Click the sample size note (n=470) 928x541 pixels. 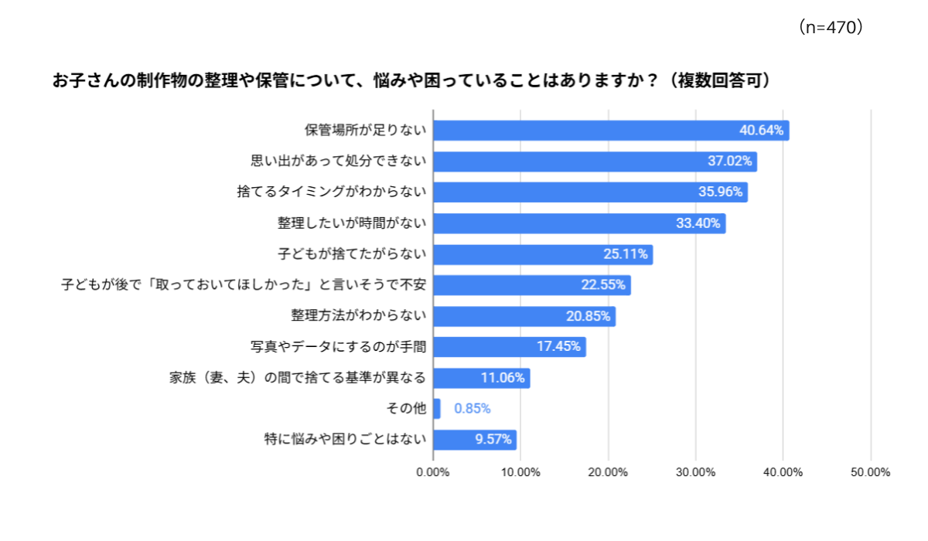829,28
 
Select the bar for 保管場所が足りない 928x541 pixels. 611,131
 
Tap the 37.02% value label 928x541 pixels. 729,162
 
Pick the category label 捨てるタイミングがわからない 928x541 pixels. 332,192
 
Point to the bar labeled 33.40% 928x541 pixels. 579,223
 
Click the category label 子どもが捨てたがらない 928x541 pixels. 352,254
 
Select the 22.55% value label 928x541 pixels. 603,285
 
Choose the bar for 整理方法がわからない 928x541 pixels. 524,316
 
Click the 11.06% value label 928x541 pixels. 503,378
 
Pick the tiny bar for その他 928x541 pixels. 437,409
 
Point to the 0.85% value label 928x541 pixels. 473,409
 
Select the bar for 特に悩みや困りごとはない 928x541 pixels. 475,440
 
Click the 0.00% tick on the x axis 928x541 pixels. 433,472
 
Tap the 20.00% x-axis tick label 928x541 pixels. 608,472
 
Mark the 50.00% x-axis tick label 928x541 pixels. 871,472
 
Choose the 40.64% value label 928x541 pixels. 762,131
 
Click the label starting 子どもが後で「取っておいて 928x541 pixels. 244,285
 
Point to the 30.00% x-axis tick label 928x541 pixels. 695,472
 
